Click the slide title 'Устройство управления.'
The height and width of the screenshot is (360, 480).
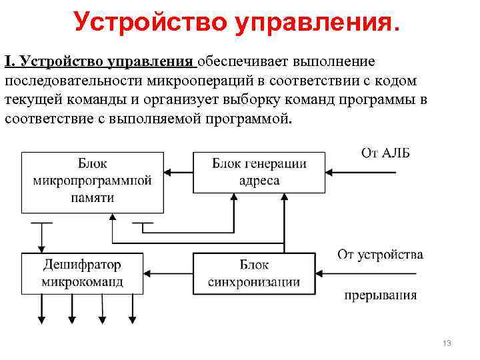238,21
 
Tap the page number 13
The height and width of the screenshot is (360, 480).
447,343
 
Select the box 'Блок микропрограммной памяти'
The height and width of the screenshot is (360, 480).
92,180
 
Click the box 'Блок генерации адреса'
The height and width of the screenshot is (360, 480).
259,173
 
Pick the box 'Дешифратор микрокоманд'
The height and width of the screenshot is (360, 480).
82,273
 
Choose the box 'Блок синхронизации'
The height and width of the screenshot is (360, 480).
253,273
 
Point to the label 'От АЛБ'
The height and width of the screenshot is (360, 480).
385,153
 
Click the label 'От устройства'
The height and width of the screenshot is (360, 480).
380,254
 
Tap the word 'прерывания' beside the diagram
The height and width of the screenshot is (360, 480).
381,296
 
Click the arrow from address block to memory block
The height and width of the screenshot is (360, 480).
178,173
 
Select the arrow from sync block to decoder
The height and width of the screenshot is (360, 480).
167,273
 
